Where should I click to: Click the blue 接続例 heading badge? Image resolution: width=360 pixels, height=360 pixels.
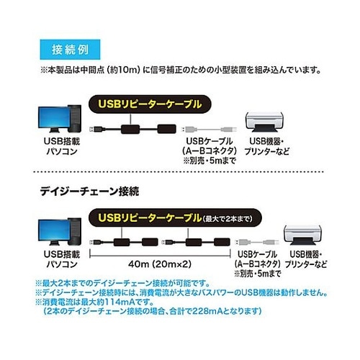pos(70,50)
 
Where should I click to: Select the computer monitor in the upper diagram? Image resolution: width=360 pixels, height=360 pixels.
pos(55,119)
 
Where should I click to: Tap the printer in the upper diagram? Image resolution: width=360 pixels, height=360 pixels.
pos(264,122)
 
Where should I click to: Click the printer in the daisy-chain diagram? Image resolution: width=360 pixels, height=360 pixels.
pos(303,235)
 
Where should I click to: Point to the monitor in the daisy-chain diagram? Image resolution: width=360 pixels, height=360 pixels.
pos(55,232)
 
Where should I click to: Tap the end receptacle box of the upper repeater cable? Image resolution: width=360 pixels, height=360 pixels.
pos(167,129)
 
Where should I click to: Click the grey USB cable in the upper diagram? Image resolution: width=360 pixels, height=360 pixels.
pos(209,130)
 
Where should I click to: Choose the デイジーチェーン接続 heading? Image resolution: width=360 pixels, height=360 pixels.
pos(89,192)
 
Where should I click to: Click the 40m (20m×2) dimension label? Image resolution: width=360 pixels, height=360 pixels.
pos(160,264)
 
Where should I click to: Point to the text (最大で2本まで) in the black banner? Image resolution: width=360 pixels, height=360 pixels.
pos(228,219)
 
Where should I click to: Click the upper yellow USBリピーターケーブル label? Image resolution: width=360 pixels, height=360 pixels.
pos(150,104)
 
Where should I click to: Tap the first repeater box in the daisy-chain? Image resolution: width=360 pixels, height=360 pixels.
pos(122,243)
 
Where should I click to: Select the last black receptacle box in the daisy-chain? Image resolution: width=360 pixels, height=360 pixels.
pos(222,242)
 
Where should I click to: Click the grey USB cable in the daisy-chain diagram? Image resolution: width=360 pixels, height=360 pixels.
pos(257,242)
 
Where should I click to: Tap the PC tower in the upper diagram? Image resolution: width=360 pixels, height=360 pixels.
pos(74,119)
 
